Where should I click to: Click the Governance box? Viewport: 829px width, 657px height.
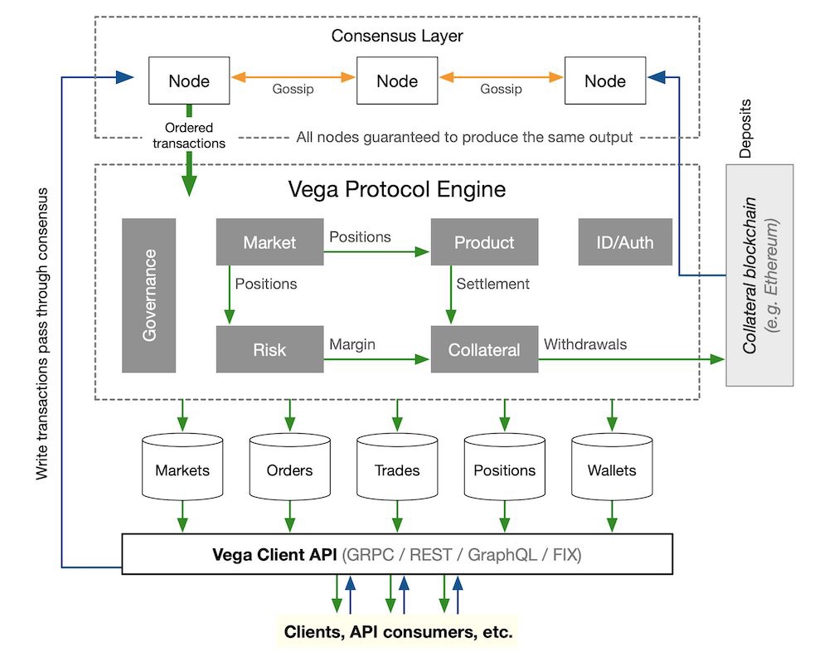(x=149, y=294)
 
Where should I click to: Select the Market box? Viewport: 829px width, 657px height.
(x=269, y=242)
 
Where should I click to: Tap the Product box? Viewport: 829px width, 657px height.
(x=484, y=242)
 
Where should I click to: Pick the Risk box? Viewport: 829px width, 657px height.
(x=269, y=349)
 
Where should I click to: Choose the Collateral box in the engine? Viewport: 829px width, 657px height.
(x=484, y=349)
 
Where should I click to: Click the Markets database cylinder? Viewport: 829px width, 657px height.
(x=182, y=470)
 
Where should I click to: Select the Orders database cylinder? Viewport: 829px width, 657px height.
(x=289, y=470)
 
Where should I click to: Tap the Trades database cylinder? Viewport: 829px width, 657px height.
(x=397, y=470)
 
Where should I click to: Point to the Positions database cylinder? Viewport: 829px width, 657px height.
(x=504, y=470)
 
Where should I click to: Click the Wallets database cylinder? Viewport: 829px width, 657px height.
(x=612, y=470)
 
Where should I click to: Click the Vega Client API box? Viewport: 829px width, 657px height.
(x=397, y=553)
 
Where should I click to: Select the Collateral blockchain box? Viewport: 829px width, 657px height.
(x=759, y=275)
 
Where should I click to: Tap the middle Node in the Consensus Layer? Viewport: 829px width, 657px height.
(x=397, y=80)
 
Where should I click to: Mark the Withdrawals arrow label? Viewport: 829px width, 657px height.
(x=585, y=343)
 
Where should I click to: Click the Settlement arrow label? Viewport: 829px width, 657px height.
(x=492, y=284)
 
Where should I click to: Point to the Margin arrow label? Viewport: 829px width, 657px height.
(x=352, y=343)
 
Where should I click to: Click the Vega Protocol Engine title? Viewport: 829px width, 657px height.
(x=396, y=189)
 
